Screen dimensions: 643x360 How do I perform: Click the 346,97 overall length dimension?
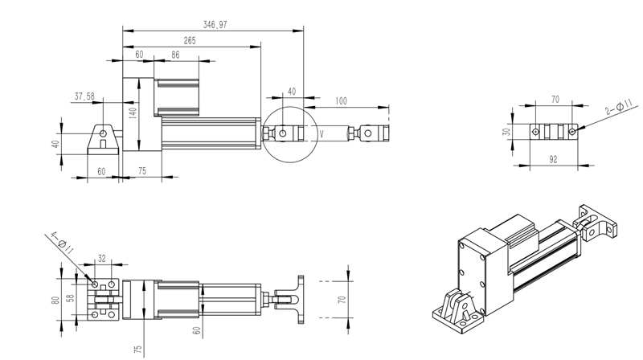click(215, 25)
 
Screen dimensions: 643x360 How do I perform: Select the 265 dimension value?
click(190, 41)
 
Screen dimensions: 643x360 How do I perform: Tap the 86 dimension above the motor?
click(175, 55)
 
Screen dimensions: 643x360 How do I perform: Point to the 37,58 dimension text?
click(84, 96)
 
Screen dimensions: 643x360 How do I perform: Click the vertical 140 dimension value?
click(133, 112)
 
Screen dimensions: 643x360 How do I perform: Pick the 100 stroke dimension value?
click(341, 101)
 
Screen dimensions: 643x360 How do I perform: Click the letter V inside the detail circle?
click(321, 133)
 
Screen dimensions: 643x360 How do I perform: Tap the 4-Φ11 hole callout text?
click(63, 243)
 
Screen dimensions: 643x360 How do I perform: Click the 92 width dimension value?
click(553, 159)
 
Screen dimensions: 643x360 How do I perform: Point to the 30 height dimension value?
click(507, 132)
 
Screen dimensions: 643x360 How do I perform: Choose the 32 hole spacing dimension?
click(102, 258)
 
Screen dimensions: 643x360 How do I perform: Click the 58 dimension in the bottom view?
click(70, 298)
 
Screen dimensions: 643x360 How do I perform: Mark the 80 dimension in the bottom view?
click(55, 299)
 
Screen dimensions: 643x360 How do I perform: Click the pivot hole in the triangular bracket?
click(103, 133)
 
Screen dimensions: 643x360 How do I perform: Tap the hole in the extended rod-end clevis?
click(367, 133)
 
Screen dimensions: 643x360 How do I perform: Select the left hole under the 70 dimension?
click(535, 132)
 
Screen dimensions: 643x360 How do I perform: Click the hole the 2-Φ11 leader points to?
click(572, 132)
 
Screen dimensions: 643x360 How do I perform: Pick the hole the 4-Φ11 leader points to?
click(95, 284)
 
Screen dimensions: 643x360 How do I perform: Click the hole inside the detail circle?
click(283, 133)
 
